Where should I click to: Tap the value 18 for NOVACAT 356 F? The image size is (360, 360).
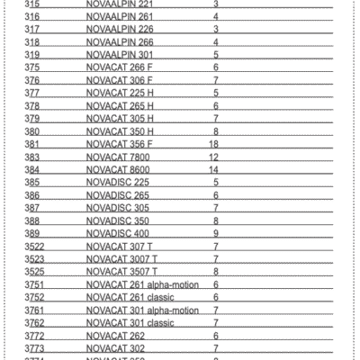(214, 143)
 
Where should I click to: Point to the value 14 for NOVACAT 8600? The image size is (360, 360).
(214, 169)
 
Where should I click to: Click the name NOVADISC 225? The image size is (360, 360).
(118, 182)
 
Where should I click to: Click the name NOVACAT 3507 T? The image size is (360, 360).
(122, 271)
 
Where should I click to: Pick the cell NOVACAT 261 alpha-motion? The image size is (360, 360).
(141, 284)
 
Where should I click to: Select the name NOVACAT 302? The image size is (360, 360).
(116, 347)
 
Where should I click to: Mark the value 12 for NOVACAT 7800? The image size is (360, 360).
(214, 156)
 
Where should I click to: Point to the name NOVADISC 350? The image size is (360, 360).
(118, 220)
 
